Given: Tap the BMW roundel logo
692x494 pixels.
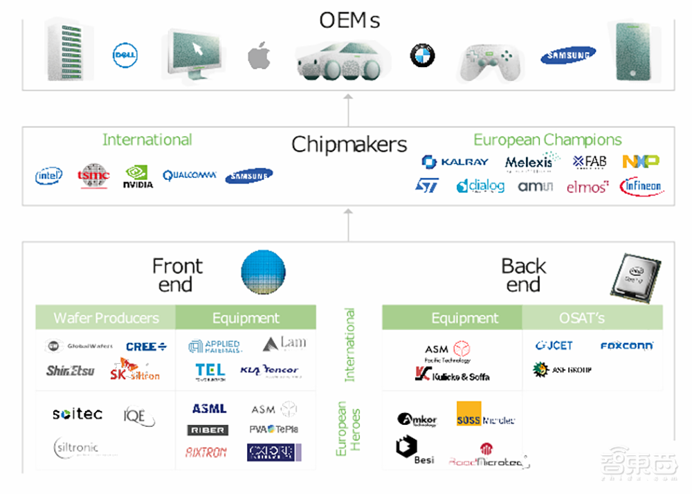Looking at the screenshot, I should pyautogui.click(x=422, y=55).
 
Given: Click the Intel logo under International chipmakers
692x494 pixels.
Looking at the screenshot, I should pyautogui.click(x=49, y=176).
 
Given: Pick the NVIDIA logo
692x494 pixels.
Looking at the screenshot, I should pyautogui.click(x=138, y=177).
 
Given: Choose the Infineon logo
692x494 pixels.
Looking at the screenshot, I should pyautogui.click(x=641, y=186).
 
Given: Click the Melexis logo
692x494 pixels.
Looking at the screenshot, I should pyautogui.click(x=531, y=162).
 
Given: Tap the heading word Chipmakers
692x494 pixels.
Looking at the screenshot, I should pyautogui.click(x=349, y=144).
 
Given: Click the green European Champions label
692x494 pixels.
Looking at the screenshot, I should pyautogui.click(x=547, y=140).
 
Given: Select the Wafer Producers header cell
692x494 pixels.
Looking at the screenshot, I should pyautogui.click(x=106, y=318).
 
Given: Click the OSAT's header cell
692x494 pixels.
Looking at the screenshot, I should pyautogui.click(x=581, y=318).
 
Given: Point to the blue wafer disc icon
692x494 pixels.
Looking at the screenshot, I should pyautogui.click(x=263, y=272).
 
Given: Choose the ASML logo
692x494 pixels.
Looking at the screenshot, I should pyautogui.click(x=209, y=409).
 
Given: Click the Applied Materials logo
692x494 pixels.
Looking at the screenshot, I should pyautogui.click(x=215, y=345).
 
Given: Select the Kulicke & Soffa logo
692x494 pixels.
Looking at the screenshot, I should pyautogui.click(x=453, y=374).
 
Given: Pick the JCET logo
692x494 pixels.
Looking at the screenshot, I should pyautogui.click(x=554, y=345).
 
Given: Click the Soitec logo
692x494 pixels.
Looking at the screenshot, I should pyautogui.click(x=78, y=414).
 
